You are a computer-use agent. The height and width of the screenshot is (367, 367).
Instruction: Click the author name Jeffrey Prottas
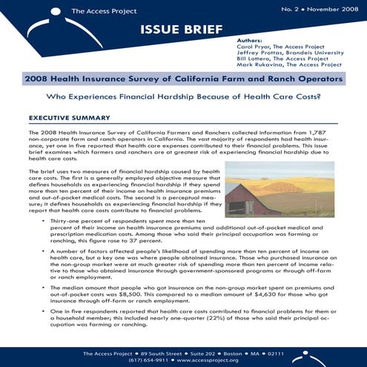tap(257, 52)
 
